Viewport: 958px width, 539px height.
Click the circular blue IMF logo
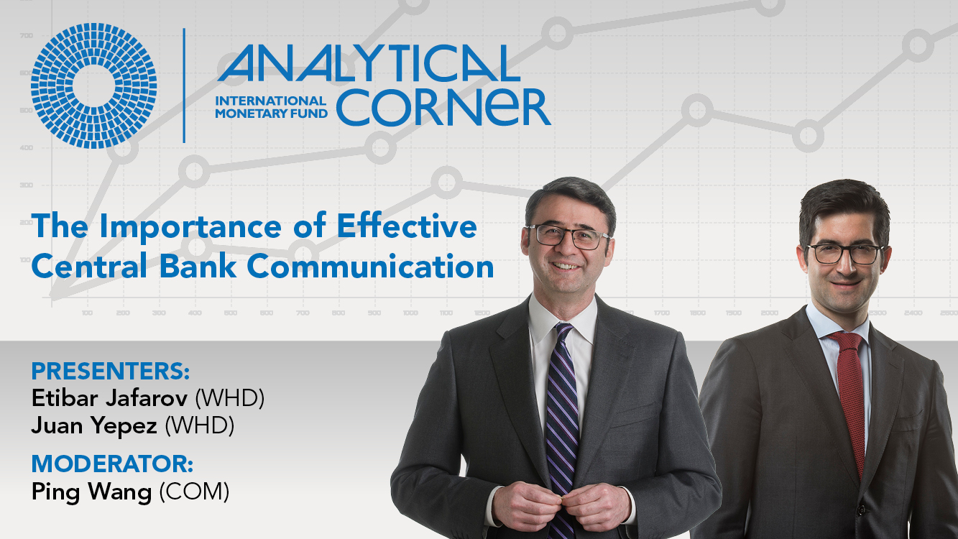93,86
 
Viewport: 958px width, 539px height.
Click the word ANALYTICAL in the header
369,63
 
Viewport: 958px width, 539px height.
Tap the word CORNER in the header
443,107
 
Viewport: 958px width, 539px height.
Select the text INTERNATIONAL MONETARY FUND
271,107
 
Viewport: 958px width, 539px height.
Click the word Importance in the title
190,228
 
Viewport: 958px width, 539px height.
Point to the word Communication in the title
370,266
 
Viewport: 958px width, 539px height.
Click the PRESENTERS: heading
111,372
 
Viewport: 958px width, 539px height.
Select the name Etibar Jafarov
109,398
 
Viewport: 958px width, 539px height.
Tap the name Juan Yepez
94,426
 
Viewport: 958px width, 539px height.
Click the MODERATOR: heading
113,464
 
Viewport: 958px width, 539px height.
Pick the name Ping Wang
91,492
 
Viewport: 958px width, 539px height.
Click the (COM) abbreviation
194,492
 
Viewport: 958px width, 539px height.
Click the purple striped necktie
562,428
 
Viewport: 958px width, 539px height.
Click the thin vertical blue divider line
184,86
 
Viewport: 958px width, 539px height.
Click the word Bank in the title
198,266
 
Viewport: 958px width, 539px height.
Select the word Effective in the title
407,226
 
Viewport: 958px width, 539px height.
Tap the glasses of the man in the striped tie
568,236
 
